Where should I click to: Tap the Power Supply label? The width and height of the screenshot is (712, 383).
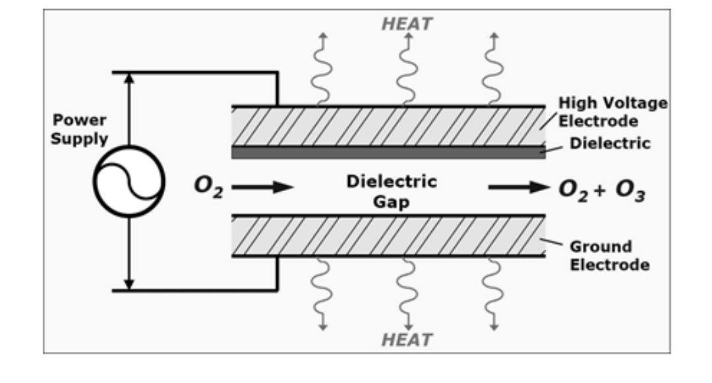click(80, 130)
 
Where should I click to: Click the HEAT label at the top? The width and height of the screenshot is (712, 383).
click(407, 24)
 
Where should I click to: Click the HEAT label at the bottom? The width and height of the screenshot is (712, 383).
click(407, 339)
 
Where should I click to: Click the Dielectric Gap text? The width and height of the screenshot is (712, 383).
click(392, 191)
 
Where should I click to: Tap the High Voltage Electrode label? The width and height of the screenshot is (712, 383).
click(612, 112)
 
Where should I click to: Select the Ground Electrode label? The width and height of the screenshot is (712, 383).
click(609, 256)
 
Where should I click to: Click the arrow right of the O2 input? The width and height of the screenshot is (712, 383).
click(262, 187)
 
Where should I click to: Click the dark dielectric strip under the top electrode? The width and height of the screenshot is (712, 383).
click(388, 153)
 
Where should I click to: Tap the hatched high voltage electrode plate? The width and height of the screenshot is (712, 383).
click(388, 127)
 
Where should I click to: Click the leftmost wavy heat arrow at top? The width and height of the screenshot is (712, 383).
click(320, 69)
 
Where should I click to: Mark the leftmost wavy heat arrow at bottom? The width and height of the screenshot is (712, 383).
click(321, 293)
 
